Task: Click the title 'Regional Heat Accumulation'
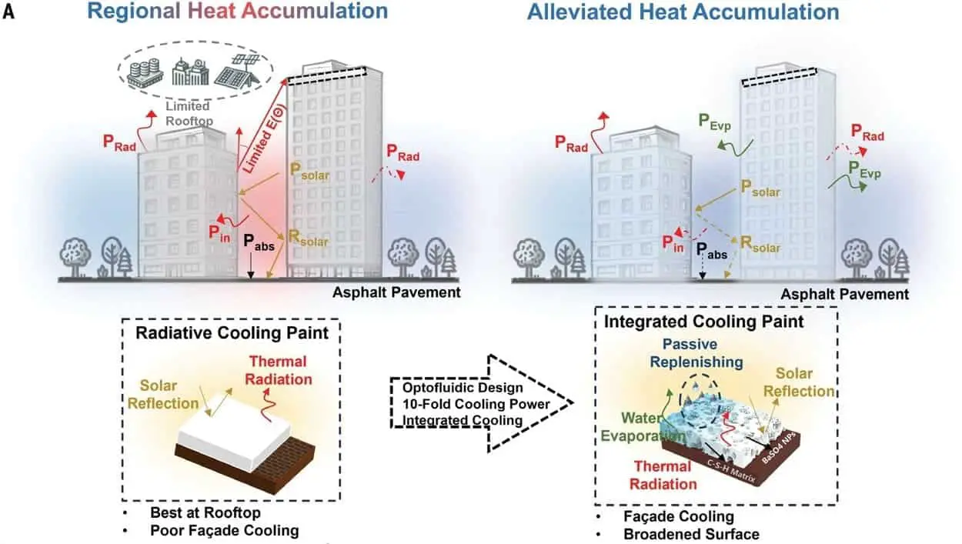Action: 237,12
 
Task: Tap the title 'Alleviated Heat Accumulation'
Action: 683,12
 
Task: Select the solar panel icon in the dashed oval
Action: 235,72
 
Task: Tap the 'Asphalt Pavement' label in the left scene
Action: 396,292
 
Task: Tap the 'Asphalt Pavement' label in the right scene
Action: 844,295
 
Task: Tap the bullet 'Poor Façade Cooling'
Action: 224,530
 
